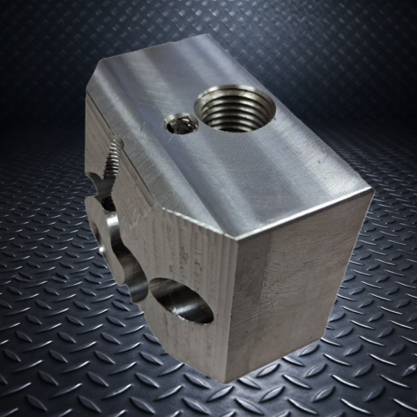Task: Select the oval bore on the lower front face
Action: pos(181,300)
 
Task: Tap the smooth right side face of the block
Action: pos(306,292)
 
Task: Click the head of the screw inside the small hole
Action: pos(179,125)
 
